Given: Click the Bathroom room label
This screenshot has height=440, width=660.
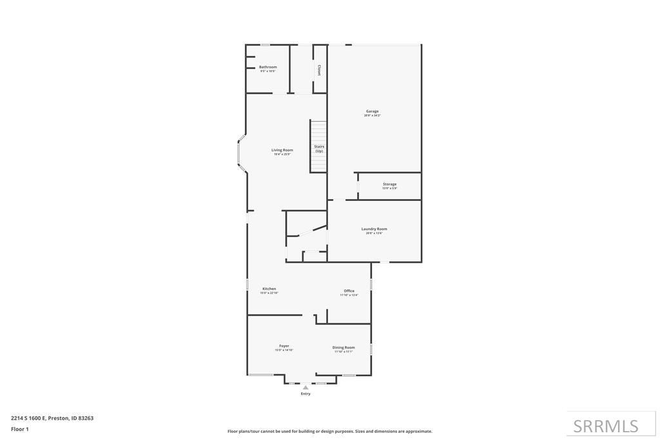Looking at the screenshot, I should coord(268,67).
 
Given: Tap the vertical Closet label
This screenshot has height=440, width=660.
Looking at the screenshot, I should coord(318,70).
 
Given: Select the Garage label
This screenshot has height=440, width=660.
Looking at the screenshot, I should coord(373,111).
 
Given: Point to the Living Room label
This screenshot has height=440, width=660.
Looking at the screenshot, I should coord(282,150).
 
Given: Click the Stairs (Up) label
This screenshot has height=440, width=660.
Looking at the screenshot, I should coord(319,149).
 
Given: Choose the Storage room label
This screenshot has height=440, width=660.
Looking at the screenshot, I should coord(390,184).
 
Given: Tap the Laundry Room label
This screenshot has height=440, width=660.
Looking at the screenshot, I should coord(374,229).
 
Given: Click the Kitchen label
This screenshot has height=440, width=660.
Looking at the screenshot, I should coord(269,289).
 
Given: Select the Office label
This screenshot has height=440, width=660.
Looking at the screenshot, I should coord(349,291).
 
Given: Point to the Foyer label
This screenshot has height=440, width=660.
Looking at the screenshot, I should coord(284,346).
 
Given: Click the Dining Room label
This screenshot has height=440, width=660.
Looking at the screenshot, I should coord(344,347).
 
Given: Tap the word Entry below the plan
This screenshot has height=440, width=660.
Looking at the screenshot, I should coord(306,394).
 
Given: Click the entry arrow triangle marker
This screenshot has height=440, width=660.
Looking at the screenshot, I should coord(306,388).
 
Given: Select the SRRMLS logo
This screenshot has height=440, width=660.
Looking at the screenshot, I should coord(606,426).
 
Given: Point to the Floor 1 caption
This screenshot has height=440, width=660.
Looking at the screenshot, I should coord(20,429).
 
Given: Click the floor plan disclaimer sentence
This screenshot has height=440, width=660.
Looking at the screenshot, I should coord(330,431).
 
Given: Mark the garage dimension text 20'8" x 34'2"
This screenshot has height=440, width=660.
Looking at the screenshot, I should coord(373,115).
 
